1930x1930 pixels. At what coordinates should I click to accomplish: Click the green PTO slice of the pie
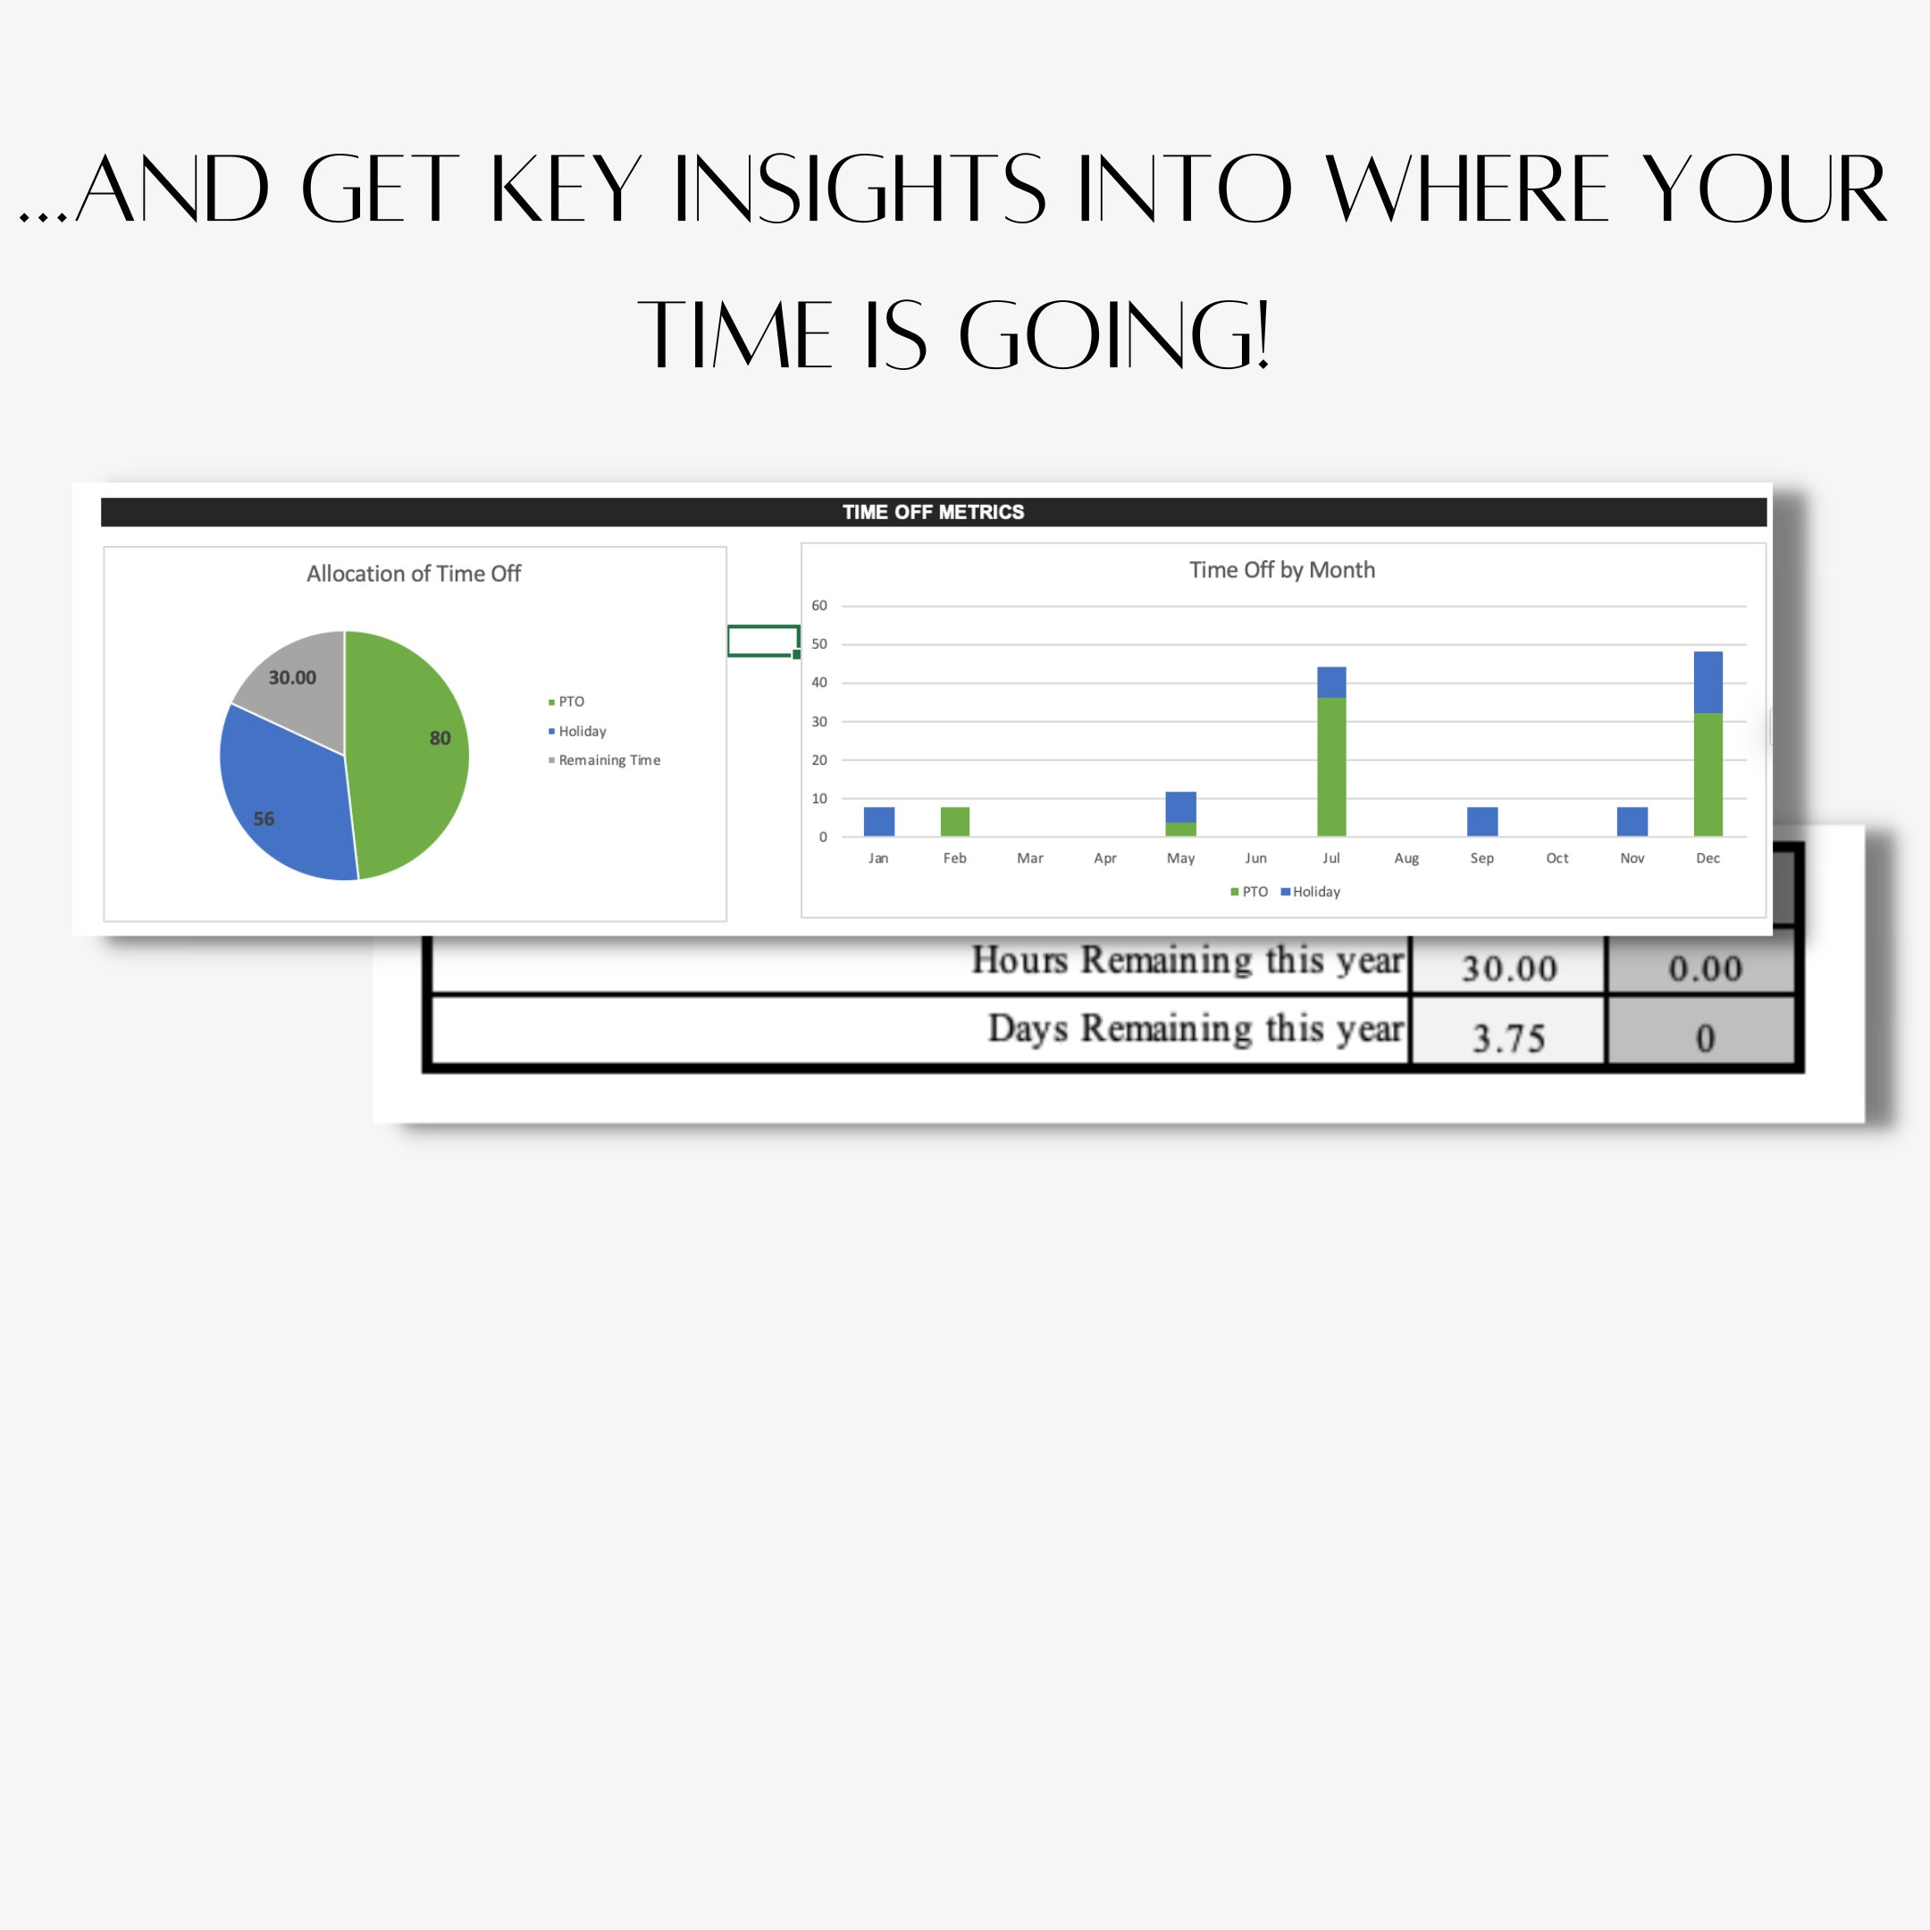(x=409, y=759)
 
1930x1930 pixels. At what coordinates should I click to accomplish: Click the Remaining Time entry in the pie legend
(x=608, y=760)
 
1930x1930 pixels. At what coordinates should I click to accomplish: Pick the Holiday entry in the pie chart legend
(x=582, y=731)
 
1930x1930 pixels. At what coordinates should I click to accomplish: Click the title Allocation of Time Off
(x=414, y=574)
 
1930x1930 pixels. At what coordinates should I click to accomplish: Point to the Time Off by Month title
(x=1281, y=569)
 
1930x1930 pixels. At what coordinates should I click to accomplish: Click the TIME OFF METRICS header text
(x=933, y=511)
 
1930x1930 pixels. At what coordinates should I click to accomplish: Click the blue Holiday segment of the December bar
(x=1708, y=683)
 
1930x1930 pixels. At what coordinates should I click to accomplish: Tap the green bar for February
(x=955, y=821)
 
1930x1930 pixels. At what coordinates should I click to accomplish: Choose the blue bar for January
(x=879, y=821)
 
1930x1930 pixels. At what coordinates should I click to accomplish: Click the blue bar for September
(x=1481, y=821)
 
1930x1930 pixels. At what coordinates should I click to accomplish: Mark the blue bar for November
(x=1632, y=821)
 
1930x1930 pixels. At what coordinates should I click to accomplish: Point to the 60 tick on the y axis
(x=819, y=606)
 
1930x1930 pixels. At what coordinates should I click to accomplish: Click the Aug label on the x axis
(x=1406, y=858)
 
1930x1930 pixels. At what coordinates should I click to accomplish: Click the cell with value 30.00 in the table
(x=1508, y=967)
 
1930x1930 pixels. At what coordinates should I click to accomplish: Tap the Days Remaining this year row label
(x=1195, y=1028)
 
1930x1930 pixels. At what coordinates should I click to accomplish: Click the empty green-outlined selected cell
(x=762, y=641)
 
